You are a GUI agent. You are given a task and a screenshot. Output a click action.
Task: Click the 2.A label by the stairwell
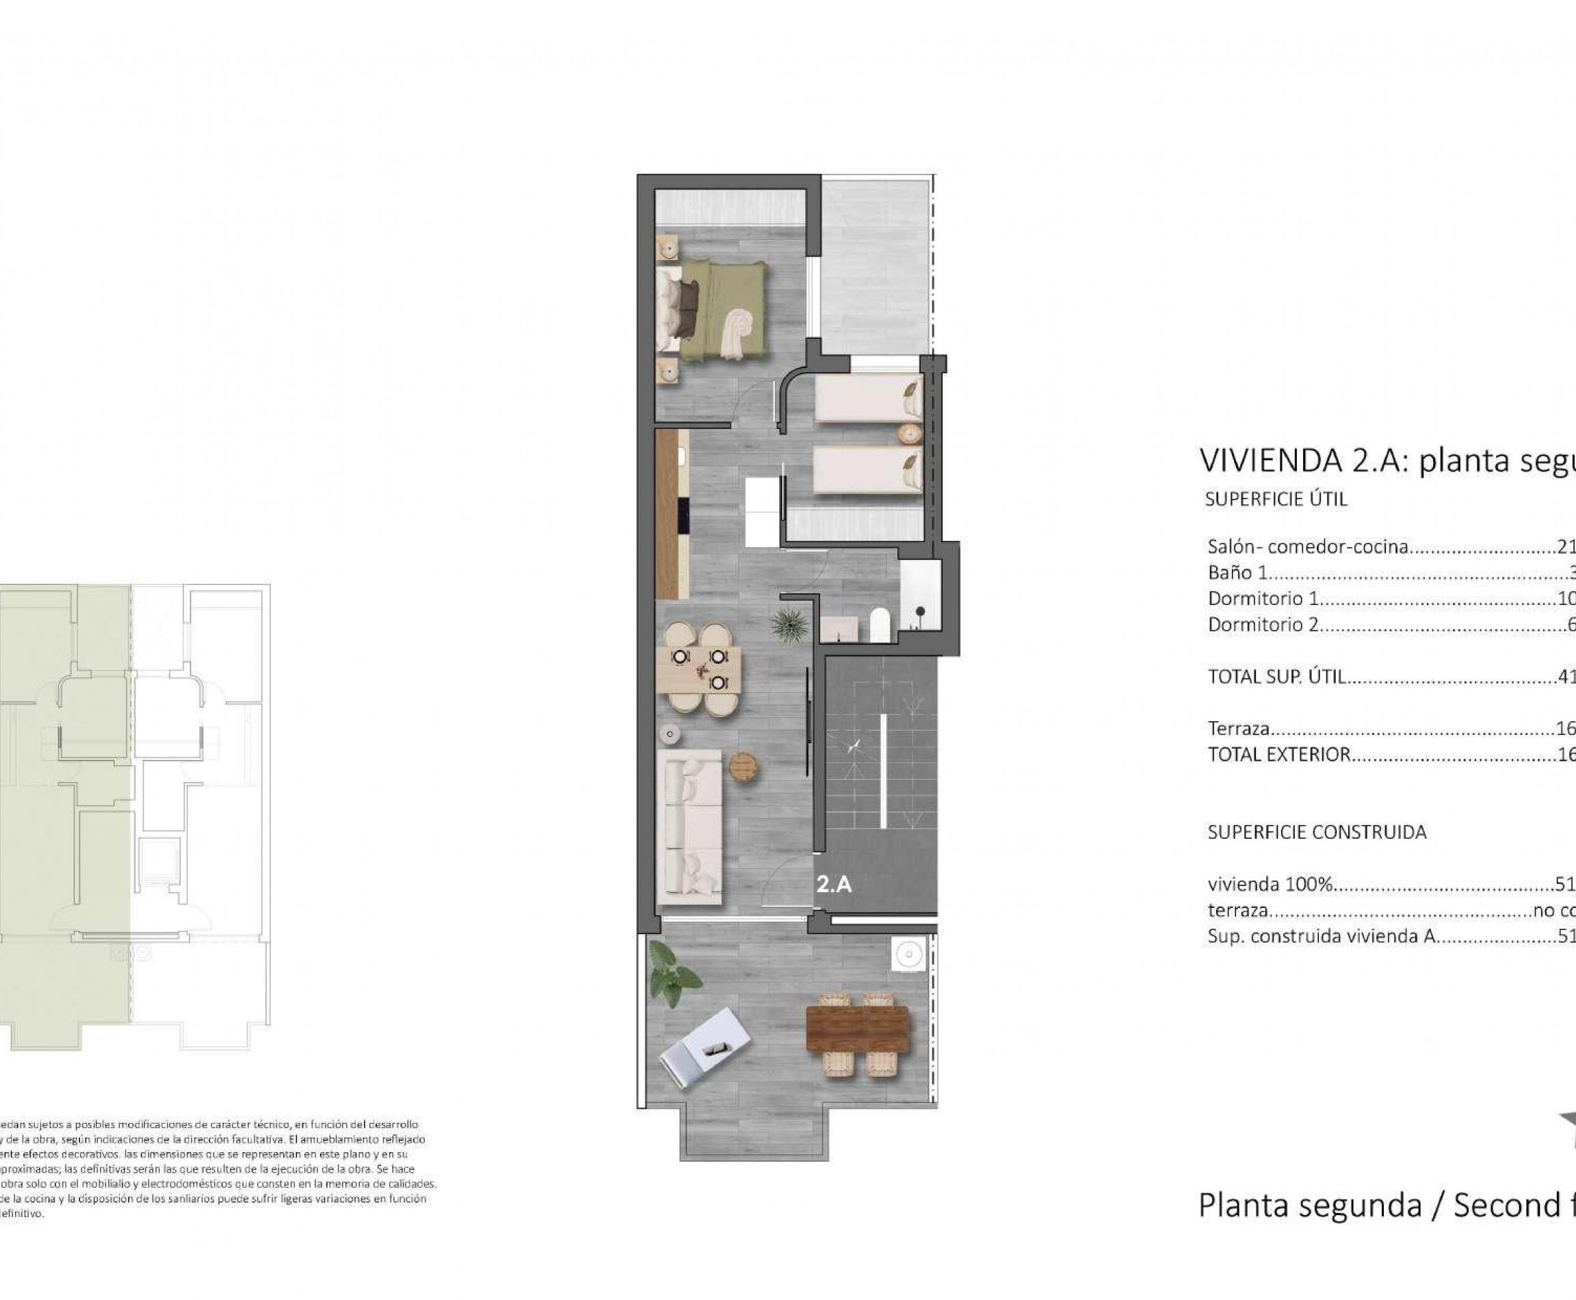tap(833, 885)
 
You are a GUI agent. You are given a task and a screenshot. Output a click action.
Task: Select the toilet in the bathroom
tap(880, 625)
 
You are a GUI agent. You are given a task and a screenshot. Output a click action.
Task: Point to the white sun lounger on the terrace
tap(704, 1045)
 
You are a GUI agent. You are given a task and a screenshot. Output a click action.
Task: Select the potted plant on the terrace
tap(672, 974)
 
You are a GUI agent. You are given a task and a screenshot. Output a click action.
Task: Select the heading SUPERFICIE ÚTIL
tap(1276, 499)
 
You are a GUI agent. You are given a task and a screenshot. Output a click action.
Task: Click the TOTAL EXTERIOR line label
tap(1278, 754)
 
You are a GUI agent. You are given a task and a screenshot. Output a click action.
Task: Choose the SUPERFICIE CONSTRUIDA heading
tap(1316, 832)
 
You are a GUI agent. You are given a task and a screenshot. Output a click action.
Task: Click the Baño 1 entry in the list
tap(1237, 573)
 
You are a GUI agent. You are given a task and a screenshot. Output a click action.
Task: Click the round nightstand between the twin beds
tap(910, 434)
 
